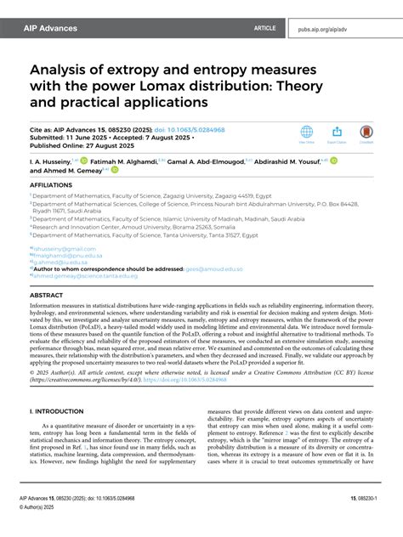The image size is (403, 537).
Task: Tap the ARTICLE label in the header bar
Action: [264, 28]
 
